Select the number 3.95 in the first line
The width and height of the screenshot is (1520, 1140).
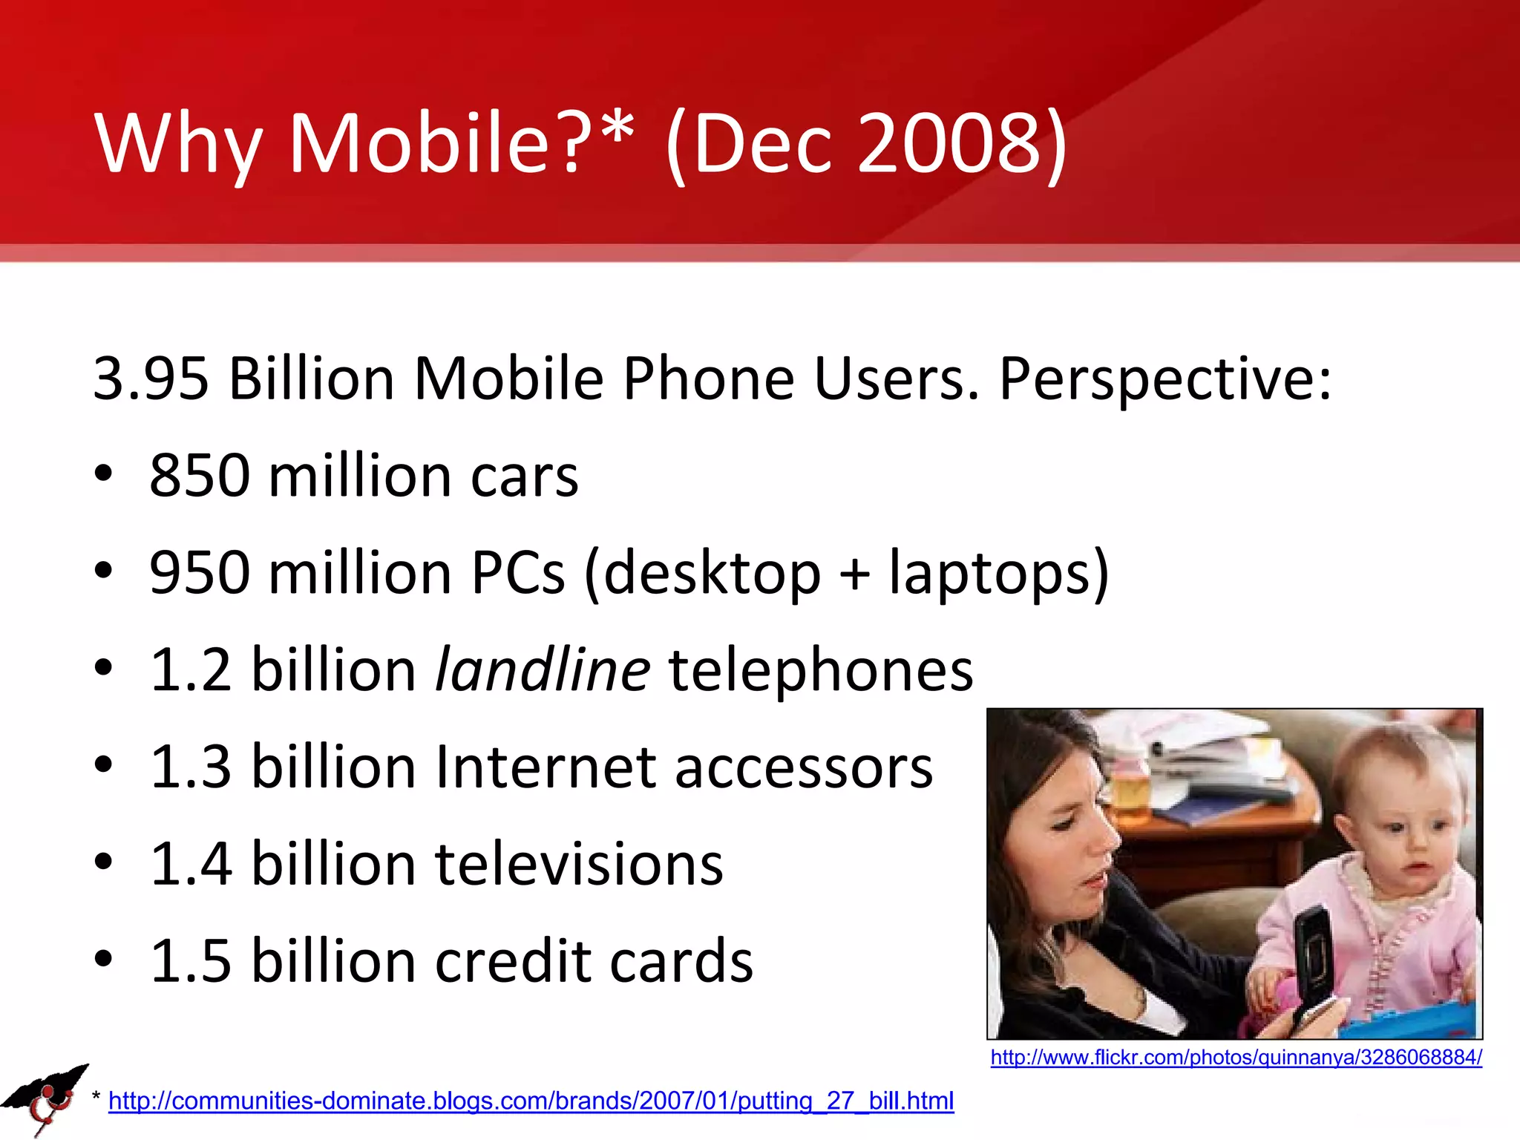tap(151, 379)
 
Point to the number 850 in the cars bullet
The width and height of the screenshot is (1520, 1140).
tap(199, 475)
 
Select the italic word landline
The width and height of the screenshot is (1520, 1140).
tap(543, 669)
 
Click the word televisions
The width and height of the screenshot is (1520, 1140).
tap(579, 864)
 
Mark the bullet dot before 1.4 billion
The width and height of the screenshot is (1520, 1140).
tap(104, 862)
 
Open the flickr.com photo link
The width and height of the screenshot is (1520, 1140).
tap(1236, 1057)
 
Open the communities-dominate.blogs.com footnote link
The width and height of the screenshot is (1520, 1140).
tap(531, 1100)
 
